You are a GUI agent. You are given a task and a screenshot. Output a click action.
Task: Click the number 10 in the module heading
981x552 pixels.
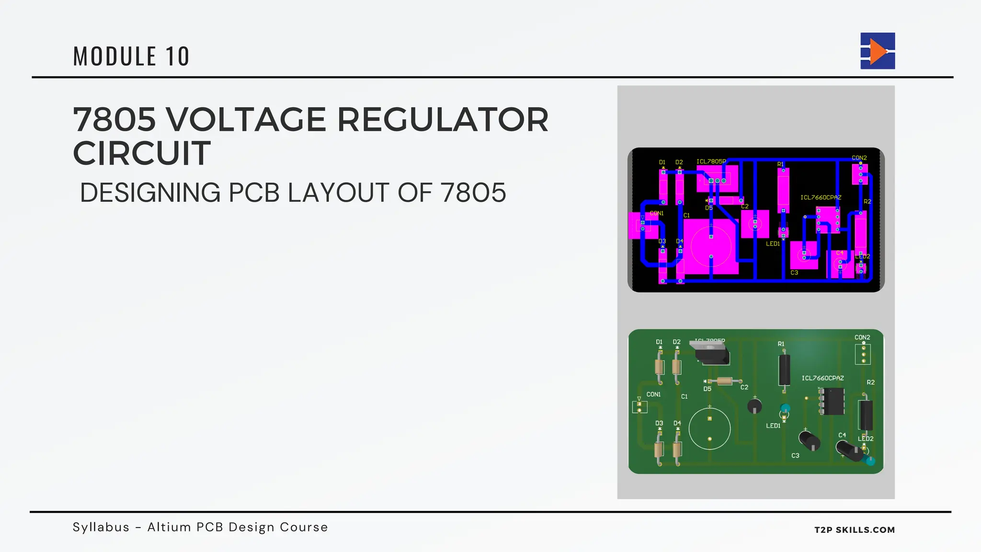click(x=178, y=57)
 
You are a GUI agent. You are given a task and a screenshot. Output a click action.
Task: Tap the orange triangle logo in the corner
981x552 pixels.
click(x=878, y=51)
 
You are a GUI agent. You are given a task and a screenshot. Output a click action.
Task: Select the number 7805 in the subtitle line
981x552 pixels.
click(x=473, y=193)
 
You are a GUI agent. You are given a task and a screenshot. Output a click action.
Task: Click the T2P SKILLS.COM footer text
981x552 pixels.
click(x=854, y=530)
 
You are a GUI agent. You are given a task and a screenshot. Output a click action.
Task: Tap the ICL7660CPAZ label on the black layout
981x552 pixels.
click(x=821, y=197)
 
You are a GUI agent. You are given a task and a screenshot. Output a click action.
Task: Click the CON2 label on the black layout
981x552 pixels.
click(x=859, y=158)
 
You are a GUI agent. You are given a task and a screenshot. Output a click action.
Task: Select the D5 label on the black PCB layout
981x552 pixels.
click(x=708, y=208)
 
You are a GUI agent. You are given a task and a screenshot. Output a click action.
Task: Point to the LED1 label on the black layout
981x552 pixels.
click(x=773, y=244)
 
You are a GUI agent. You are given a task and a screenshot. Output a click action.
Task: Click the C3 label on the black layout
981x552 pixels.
click(x=794, y=273)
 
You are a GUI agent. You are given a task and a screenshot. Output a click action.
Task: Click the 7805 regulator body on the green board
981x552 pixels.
click(x=713, y=355)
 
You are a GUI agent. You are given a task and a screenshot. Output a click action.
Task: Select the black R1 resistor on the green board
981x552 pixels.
click(x=784, y=369)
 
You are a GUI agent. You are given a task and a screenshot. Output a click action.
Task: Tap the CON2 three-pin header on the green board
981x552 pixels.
click(x=863, y=355)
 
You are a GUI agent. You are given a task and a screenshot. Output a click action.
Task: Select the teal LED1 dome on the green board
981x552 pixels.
click(x=785, y=410)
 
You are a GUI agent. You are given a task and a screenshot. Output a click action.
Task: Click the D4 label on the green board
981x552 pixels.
click(x=677, y=423)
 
